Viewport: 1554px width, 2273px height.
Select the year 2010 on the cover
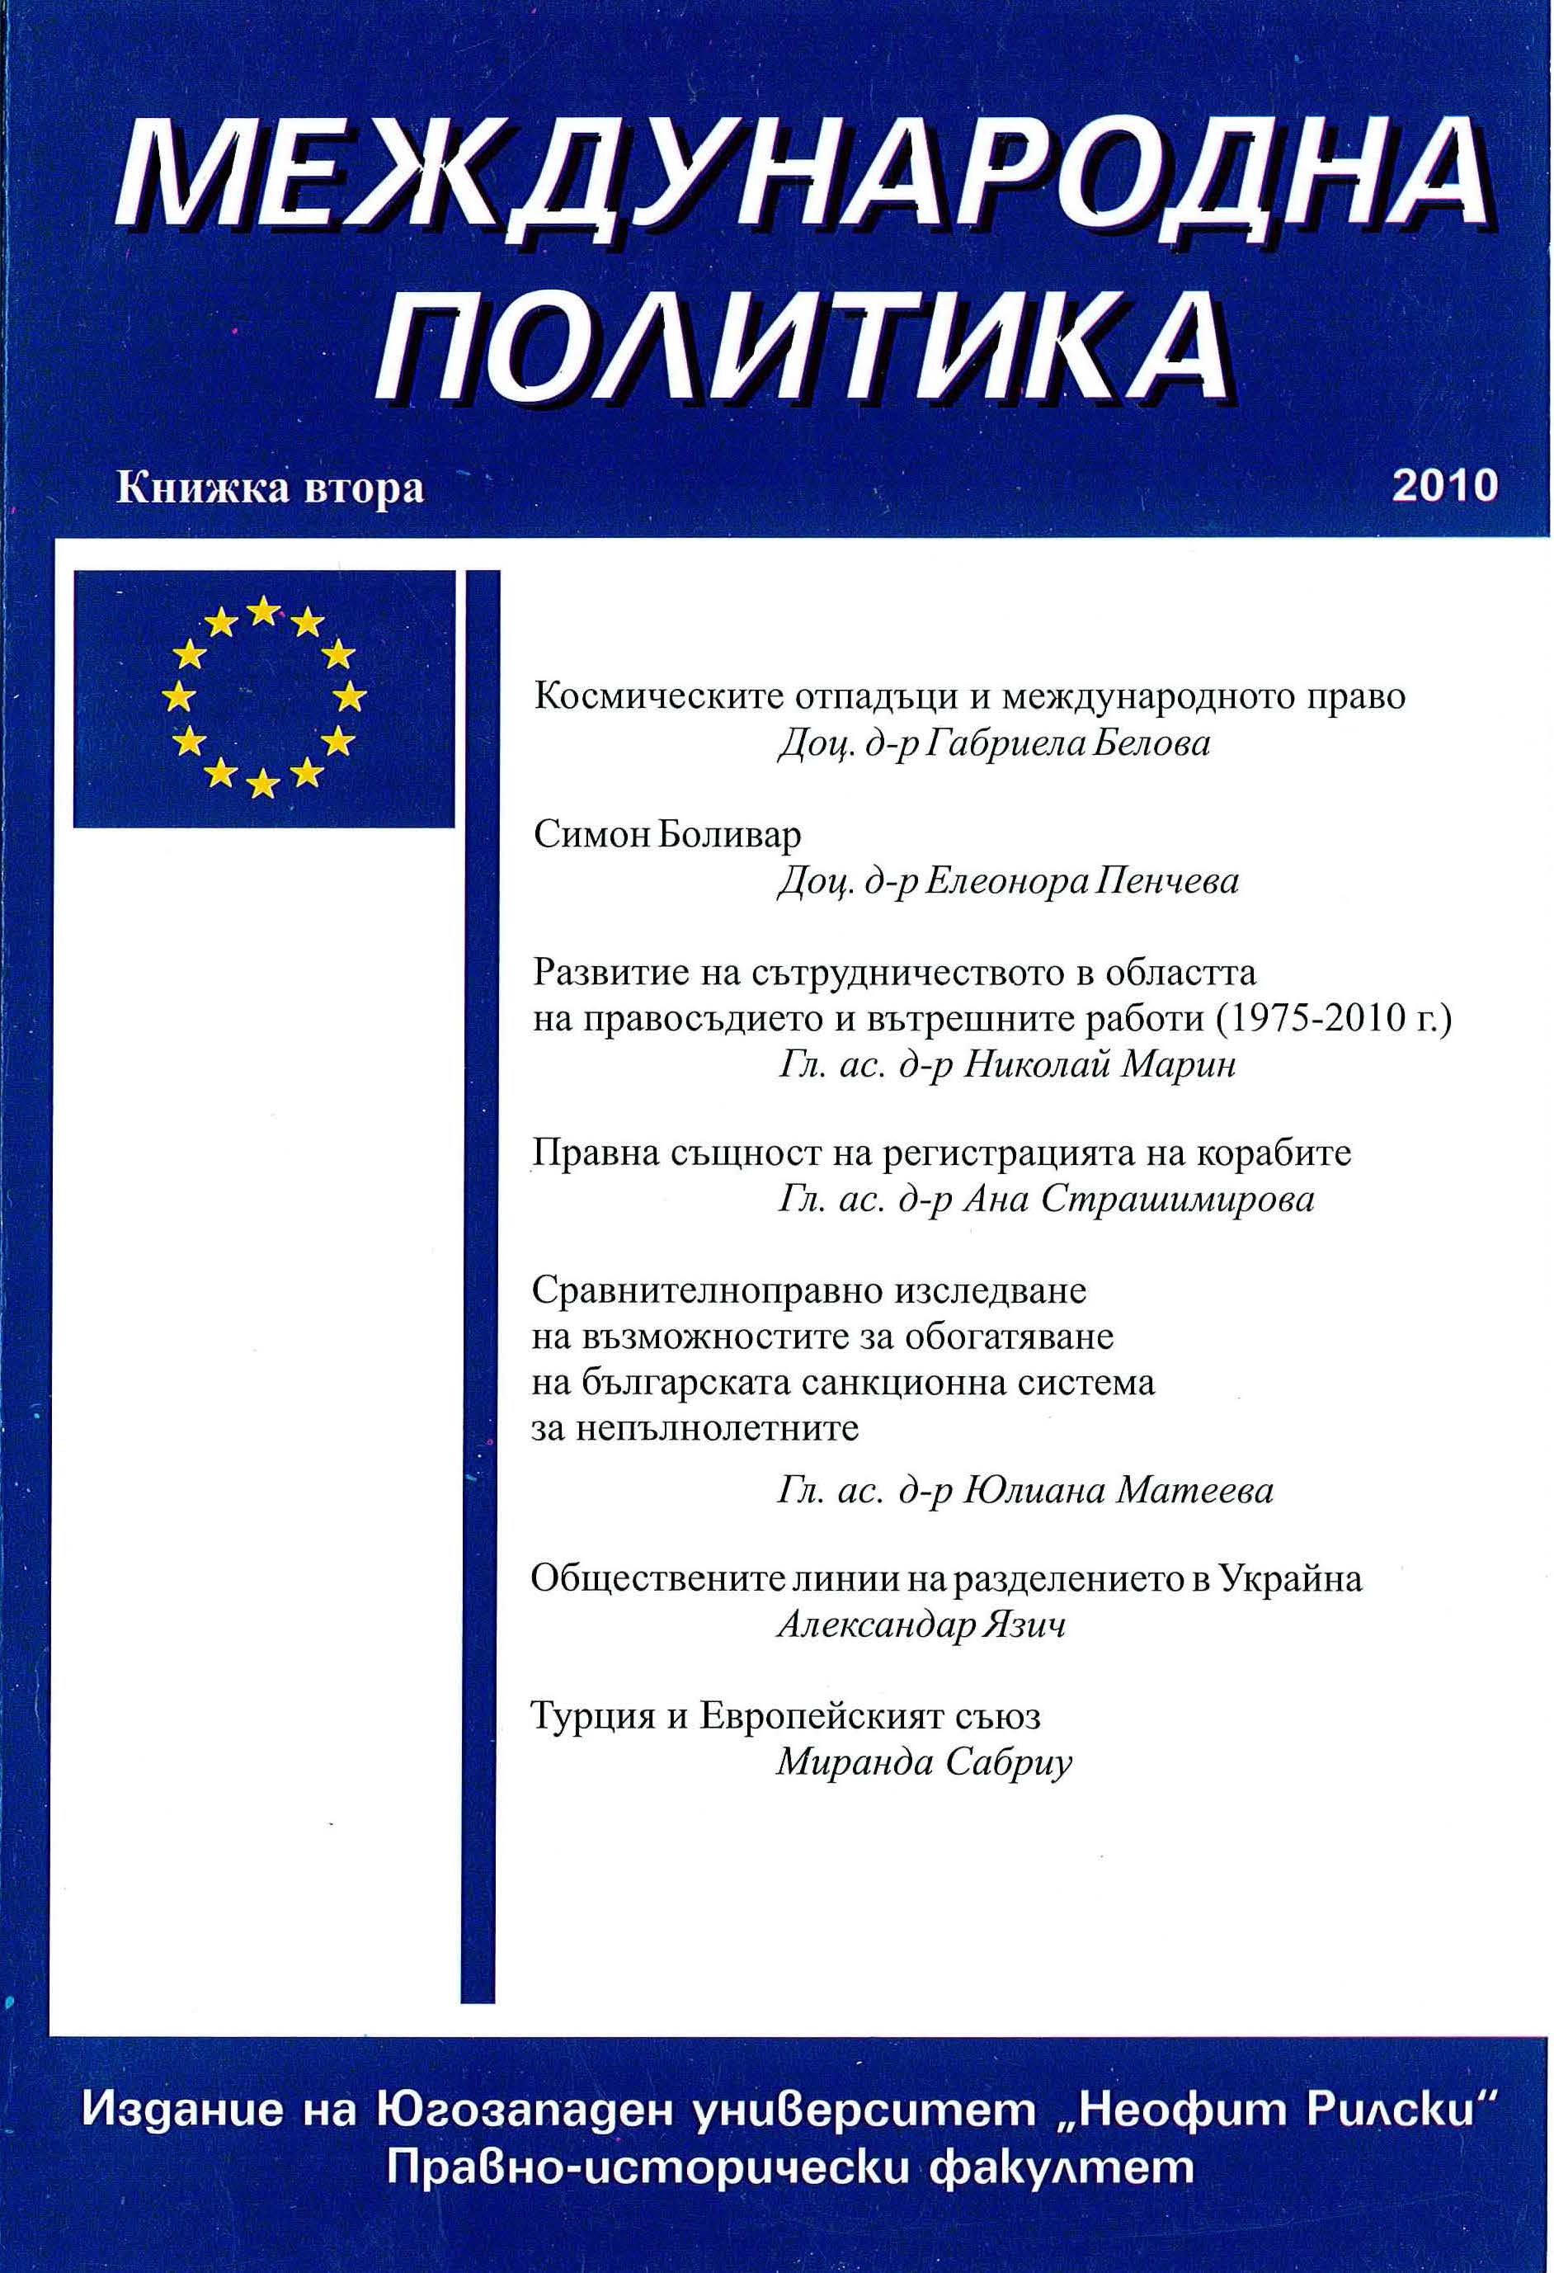[x=1444, y=485]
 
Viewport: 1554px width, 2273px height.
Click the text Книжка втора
[x=270, y=488]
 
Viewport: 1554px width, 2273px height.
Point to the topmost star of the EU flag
[x=262, y=612]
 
